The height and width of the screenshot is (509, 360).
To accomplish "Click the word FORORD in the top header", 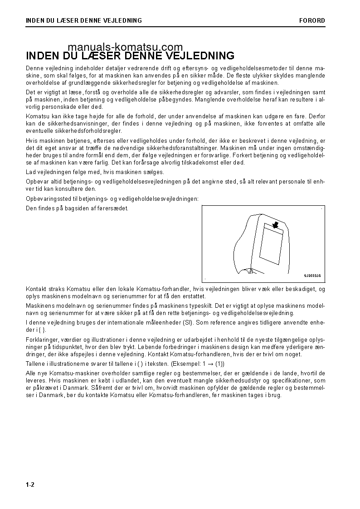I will [312, 20].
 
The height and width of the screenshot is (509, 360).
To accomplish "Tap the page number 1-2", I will [30, 485].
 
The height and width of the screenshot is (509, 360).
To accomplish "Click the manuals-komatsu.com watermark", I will [126, 47].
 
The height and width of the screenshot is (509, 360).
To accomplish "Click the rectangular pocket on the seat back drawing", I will [271, 245].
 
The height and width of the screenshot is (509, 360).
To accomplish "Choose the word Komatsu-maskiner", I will [69, 373].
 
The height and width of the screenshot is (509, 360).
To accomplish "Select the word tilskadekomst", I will [199, 162].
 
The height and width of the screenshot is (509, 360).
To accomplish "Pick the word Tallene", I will [36, 364].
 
